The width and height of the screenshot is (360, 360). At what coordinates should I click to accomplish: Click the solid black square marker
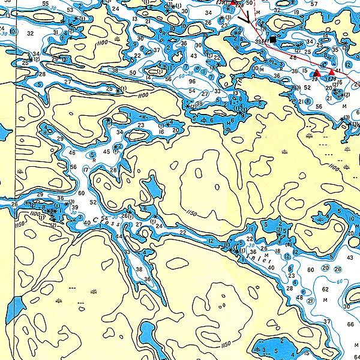point(273,40)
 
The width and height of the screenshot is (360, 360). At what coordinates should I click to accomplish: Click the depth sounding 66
point(350,324)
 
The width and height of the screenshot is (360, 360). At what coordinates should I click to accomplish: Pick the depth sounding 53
point(71,10)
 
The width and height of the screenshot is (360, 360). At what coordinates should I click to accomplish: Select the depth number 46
point(72,153)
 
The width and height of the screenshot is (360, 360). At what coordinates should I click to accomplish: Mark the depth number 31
point(56,32)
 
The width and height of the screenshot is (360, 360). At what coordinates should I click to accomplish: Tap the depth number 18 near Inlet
point(278,251)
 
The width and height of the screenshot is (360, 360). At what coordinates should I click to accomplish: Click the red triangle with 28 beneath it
point(332,72)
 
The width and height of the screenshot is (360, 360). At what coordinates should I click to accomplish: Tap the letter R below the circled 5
point(94,161)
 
